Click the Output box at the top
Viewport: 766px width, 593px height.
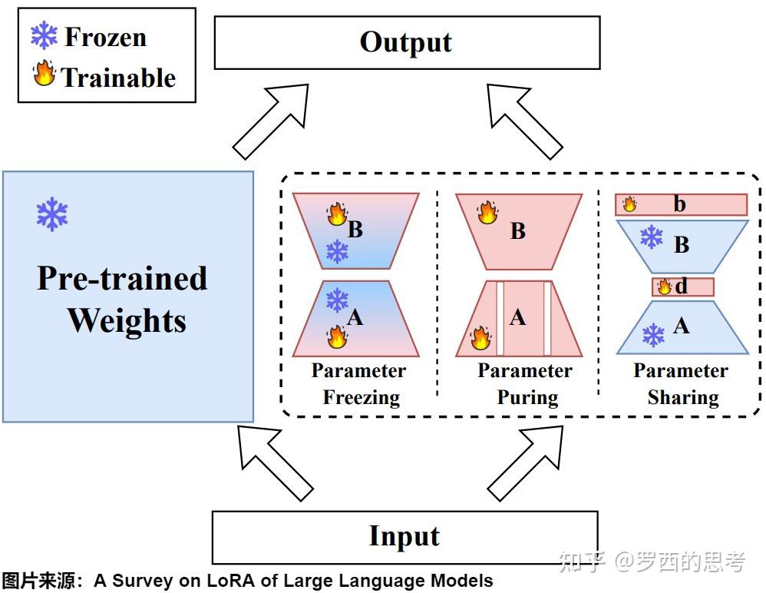click(407, 42)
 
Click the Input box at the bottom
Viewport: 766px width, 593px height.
click(405, 537)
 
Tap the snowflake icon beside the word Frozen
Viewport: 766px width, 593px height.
click(44, 35)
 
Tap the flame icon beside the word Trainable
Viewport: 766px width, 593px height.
click(45, 73)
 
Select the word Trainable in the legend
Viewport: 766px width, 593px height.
click(119, 78)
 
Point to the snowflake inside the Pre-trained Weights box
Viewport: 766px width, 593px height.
click(52, 214)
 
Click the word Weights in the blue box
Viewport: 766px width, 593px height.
click(127, 321)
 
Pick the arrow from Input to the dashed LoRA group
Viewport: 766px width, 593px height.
click(526, 463)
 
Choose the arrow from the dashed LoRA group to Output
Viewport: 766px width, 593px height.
click(525, 121)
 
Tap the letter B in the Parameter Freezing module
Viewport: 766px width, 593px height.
click(355, 229)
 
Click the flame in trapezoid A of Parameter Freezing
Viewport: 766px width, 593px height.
click(337, 336)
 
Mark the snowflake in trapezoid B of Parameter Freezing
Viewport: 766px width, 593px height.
click(337, 252)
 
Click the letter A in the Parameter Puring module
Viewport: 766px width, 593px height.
click(518, 318)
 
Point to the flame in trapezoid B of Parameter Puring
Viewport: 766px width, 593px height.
click(487, 212)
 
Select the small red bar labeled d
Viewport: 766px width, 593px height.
click(683, 287)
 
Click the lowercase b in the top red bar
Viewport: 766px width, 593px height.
click(679, 204)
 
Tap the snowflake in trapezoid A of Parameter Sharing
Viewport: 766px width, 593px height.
click(653, 336)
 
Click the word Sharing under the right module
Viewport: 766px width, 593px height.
click(683, 397)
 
